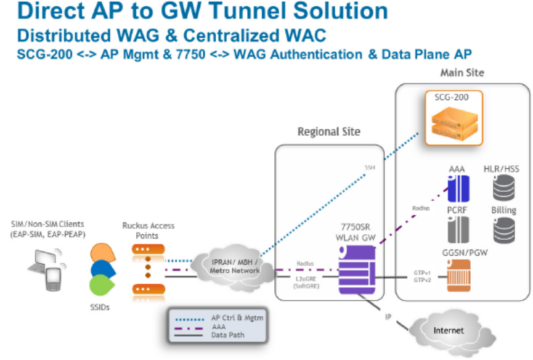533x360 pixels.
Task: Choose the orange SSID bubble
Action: pyautogui.click(x=102, y=253)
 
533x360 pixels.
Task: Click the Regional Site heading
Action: pyautogui.click(x=329, y=131)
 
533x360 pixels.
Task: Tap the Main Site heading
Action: pyautogui.click(x=462, y=73)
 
